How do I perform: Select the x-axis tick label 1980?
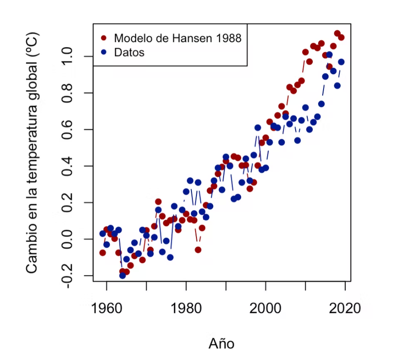186,309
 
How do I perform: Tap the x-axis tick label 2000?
266,309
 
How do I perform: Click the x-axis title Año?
222,343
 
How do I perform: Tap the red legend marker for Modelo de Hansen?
104,38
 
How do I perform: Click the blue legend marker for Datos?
104,52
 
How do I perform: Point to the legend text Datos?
129,52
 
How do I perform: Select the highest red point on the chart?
337,33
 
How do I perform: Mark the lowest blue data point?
123,275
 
